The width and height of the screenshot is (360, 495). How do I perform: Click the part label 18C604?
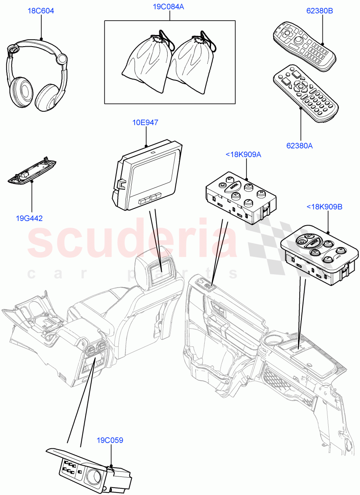[x=41, y=11]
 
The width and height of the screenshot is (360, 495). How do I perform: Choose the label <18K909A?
[x=244, y=155]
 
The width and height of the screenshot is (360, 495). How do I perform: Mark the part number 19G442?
[x=29, y=218]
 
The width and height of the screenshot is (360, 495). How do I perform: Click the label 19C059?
[x=110, y=440]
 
